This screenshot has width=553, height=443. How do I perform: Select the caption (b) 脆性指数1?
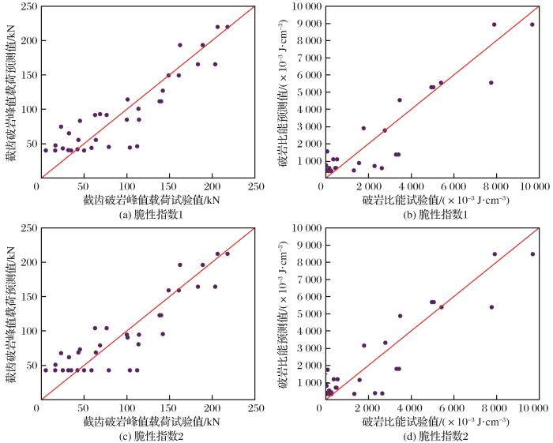pyautogui.click(x=433, y=214)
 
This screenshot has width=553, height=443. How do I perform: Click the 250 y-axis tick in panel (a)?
pyautogui.click(x=25, y=6)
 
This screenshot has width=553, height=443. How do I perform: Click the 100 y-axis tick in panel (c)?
pyautogui.click(x=25, y=331)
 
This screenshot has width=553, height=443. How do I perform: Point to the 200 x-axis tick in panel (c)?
pyautogui.click(x=212, y=408)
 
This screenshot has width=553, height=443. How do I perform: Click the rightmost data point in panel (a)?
pyautogui.click(x=228, y=27)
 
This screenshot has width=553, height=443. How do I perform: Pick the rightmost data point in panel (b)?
pyautogui.click(x=532, y=24)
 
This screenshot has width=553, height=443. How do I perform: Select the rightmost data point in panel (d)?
pyautogui.click(x=532, y=253)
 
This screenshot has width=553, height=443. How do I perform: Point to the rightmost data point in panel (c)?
pyautogui.click(x=228, y=253)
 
